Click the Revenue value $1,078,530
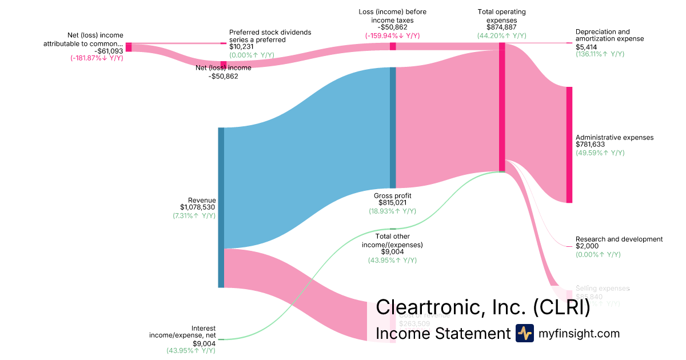(x=197, y=207)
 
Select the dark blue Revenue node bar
(x=221, y=207)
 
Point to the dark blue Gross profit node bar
(x=393, y=127)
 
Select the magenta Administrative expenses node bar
(x=569, y=145)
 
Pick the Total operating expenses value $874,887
(x=501, y=27)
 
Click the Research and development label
(x=619, y=239)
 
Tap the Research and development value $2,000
(x=588, y=247)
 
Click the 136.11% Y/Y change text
(x=600, y=54)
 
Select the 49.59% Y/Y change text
(x=600, y=153)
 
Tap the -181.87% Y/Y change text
(x=97, y=58)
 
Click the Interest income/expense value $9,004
(x=204, y=343)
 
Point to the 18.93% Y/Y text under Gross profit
(x=392, y=211)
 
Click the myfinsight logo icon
(x=524, y=333)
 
